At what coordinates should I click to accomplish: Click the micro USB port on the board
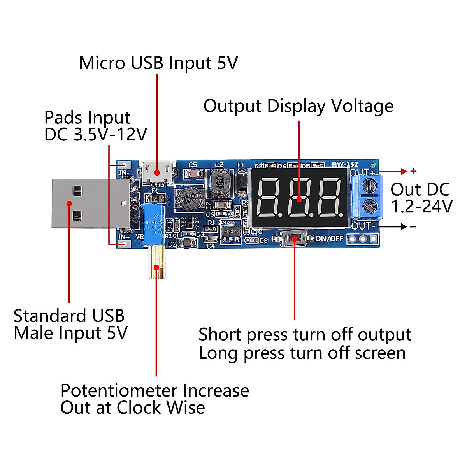tap(157, 172)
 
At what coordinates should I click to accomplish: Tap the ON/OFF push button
tap(294, 239)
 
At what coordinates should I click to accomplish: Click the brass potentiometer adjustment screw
tap(157, 263)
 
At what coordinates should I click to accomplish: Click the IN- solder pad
tap(125, 165)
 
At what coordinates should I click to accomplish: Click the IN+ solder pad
tap(125, 244)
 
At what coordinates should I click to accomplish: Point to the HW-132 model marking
tap(344, 164)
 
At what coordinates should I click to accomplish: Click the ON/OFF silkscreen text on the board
tap(329, 239)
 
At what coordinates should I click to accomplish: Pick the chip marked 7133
tap(230, 232)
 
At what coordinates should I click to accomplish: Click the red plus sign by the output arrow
tap(413, 171)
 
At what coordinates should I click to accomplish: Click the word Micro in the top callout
tap(102, 63)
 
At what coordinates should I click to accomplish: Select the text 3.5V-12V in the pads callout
tap(110, 135)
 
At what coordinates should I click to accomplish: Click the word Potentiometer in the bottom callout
tap(119, 390)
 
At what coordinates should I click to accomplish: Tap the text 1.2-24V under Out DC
tap(421, 207)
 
